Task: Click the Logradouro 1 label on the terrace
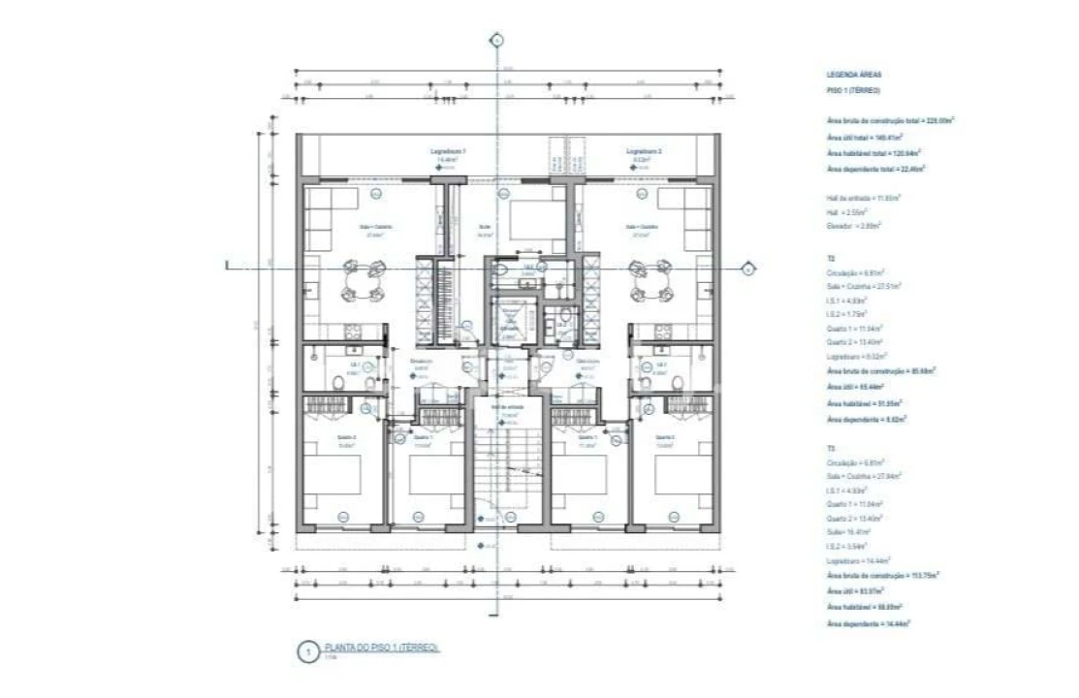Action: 449,152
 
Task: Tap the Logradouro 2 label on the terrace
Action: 644,152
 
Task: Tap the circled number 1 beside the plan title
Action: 307,652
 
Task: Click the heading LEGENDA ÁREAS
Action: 854,75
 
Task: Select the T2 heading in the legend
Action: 831,260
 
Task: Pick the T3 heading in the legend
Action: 831,449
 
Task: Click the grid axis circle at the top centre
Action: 496,41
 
